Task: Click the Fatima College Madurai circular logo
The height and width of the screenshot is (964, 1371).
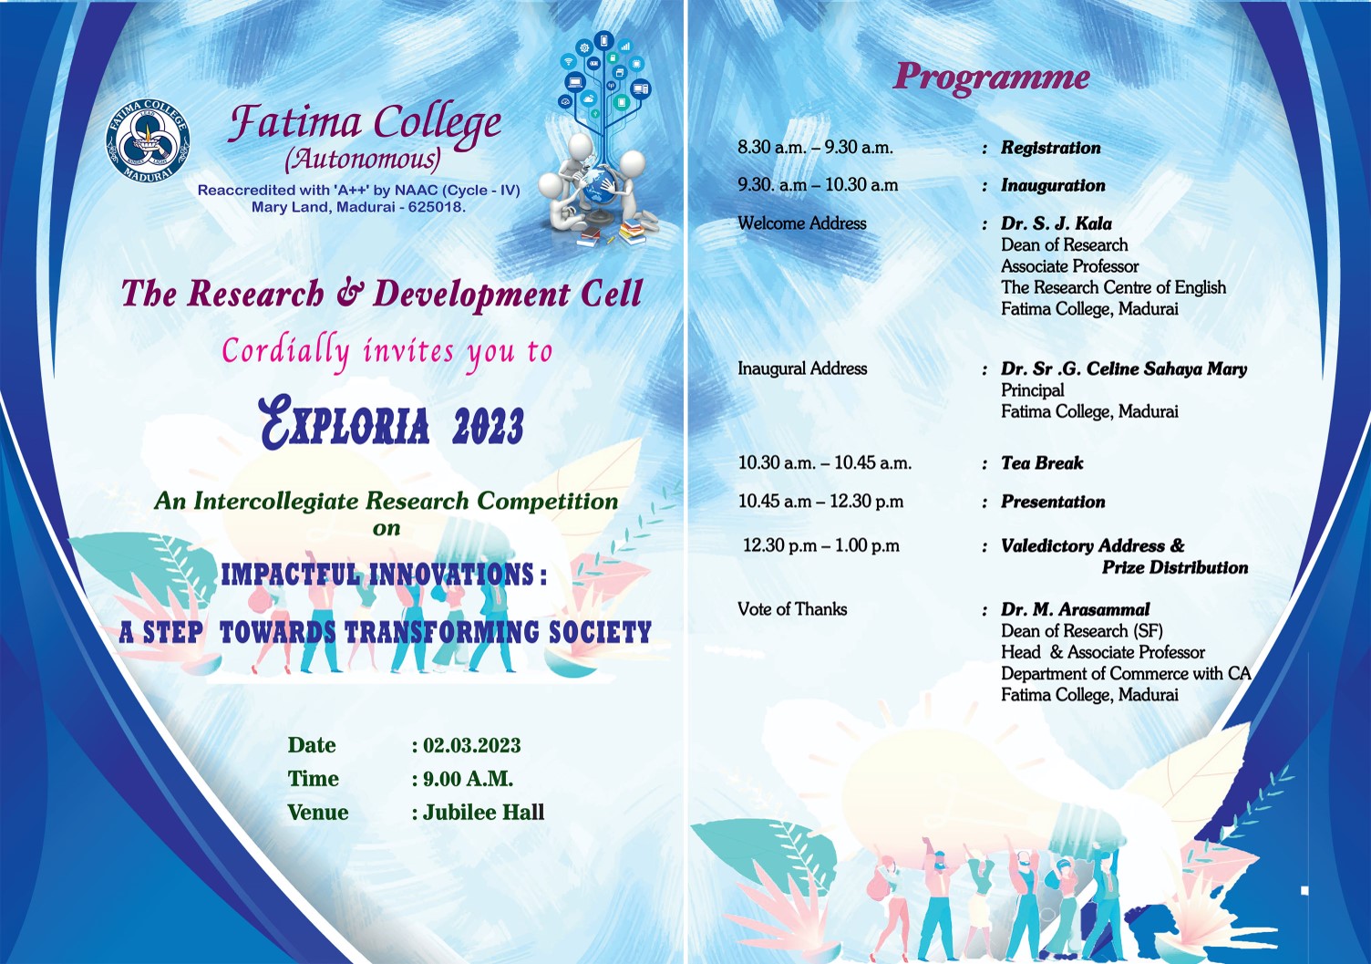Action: pyautogui.click(x=148, y=140)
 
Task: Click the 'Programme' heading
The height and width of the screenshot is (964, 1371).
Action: pyautogui.click(x=991, y=78)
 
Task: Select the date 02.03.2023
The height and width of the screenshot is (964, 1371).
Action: pyautogui.click(x=471, y=745)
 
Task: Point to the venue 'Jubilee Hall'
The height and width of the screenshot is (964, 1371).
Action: pyautogui.click(x=483, y=812)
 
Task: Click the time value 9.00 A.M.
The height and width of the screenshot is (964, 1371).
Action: pyautogui.click(x=468, y=779)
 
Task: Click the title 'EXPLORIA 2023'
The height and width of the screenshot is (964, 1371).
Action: pyautogui.click(x=392, y=423)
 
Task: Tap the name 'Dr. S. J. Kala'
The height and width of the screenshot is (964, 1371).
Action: pyautogui.click(x=1057, y=223)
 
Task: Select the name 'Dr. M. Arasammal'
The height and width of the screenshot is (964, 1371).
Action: pyautogui.click(x=1076, y=609)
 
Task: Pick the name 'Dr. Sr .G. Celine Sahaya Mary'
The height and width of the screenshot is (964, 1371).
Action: pyautogui.click(x=1124, y=369)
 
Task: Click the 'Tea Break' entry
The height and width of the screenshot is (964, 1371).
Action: pyautogui.click(x=1042, y=463)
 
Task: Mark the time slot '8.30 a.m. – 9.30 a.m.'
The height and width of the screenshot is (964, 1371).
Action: pyautogui.click(x=815, y=148)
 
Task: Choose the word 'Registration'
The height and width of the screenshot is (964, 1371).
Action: pyautogui.click(x=1051, y=148)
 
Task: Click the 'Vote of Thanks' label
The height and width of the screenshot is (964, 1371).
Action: pyautogui.click(x=792, y=609)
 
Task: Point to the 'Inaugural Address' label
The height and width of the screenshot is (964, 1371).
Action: pyautogui.click(x=802, y=368)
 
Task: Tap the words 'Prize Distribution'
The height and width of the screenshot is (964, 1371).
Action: pyautogui.click(x=1175, y=568)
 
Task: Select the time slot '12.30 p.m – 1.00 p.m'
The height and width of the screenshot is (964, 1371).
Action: pyautogui.click(x=820, y=545)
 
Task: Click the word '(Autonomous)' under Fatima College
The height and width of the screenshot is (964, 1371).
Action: pyautogui.click(x=362, y=160)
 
